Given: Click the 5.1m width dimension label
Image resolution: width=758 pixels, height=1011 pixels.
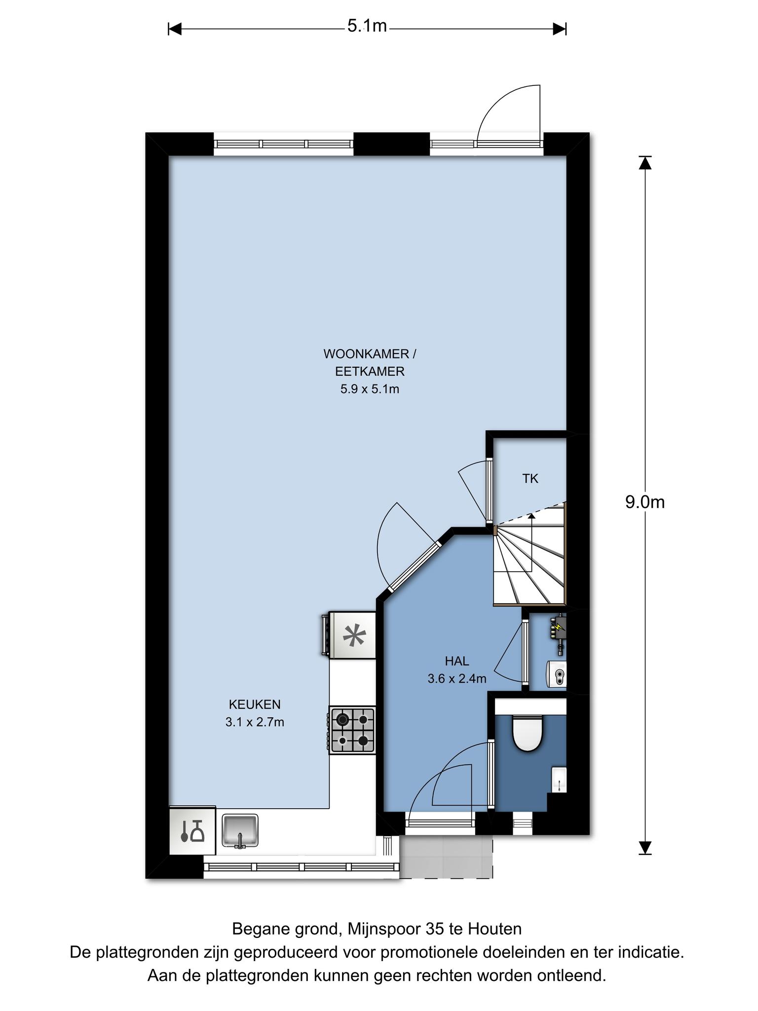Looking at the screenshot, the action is [x=367, y=26].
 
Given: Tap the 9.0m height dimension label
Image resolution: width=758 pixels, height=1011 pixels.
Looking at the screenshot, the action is [x=644, y=502].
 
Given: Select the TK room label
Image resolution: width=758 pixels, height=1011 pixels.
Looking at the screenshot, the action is [x=530, y=478].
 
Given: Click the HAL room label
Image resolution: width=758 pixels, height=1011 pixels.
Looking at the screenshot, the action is [x=456, y=661].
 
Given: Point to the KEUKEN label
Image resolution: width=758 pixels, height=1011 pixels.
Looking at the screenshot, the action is [x=255, y=704].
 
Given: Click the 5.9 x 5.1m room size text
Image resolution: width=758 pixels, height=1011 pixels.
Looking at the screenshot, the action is [x=370, y=389].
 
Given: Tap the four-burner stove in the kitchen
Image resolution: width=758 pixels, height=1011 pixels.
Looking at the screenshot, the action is [x=352, y=730].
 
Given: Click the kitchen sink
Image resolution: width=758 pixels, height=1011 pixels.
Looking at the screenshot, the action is [x=240, y=831].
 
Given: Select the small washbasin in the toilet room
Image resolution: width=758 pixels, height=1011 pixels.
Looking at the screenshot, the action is [x=559, y=779].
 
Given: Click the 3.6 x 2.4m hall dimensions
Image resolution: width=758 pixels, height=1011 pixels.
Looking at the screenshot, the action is [x=457, y=679].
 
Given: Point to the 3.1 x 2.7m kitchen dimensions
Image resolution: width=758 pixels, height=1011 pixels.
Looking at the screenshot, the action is [x=255, y=722].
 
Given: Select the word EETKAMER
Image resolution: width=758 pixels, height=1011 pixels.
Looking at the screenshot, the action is [x=370, y=371].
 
